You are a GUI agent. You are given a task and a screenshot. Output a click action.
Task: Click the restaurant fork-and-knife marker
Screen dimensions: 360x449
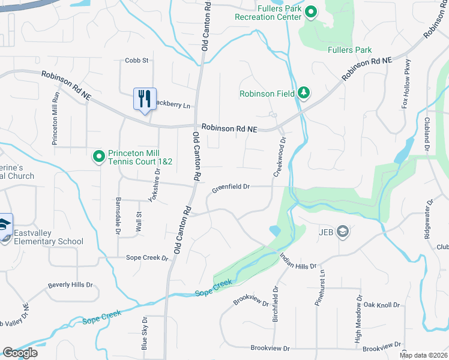click(x=145, y=98)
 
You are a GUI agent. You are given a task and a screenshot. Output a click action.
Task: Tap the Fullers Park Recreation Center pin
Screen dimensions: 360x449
click(x=311, y=12)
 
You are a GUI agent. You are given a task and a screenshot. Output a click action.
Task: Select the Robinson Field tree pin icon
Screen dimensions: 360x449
click(x=304, y=93)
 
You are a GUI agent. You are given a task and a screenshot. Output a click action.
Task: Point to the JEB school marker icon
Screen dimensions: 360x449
click(x=343, y=232)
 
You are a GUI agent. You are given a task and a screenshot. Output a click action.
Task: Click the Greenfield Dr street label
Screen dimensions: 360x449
click(x=231, y=187)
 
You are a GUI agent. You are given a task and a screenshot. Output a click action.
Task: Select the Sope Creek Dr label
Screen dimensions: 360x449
click(x=147, y=257)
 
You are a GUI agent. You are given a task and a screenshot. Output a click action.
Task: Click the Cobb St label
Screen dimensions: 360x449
click(x=136, y=60)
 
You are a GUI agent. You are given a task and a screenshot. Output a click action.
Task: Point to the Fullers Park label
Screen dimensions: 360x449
click(x=350, y=50)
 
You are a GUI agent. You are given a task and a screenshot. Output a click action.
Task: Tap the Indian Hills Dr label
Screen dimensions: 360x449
click(x=298, y=260)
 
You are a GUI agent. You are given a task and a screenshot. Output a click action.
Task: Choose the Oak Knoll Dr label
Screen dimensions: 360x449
click(x=381, y=305)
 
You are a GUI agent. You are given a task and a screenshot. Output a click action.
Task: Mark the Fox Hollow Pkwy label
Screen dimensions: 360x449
click(x=406, y=84)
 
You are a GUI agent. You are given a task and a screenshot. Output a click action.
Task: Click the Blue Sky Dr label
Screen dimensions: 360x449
click(x=144, y=334)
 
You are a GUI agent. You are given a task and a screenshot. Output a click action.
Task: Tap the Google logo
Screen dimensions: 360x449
click(x=20, y=353)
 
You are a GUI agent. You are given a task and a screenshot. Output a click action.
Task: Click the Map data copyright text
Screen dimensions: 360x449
click(x=423, y=355)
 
